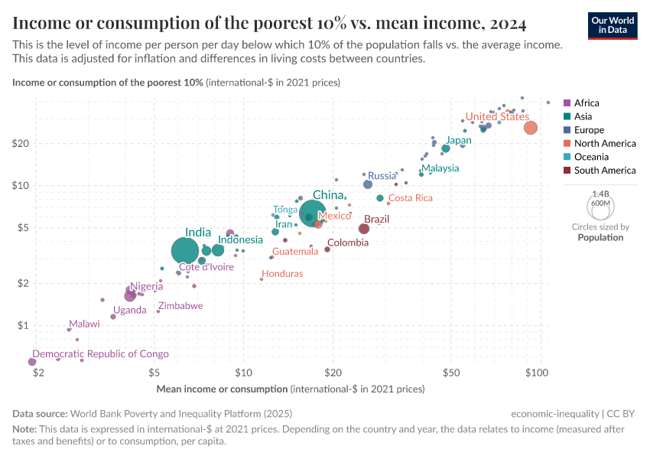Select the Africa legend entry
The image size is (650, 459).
[x=587, y=103]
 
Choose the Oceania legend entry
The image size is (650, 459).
[x=593, y=157]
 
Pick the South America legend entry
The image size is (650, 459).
[x=604, y=171]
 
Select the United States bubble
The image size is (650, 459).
[x=531, y=128]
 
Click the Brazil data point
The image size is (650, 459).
[x=364, y=229]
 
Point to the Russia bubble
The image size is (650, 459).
[x=368, y=184]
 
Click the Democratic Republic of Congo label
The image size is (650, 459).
[x=100, y=354]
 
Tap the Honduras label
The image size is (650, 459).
[x=282, y=274]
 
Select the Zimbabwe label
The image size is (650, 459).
[x=180, y=306]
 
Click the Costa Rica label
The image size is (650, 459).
[x=411, y=198]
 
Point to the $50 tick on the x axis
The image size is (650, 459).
[x=450, y=373]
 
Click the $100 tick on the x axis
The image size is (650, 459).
[x=538, y=373]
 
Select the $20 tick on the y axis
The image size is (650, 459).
[x=21, y=144]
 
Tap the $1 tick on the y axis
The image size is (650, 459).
[x=24, y=326]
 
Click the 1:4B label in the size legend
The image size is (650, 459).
[x=600, y=194]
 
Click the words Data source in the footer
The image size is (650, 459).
[x=39, y=413]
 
